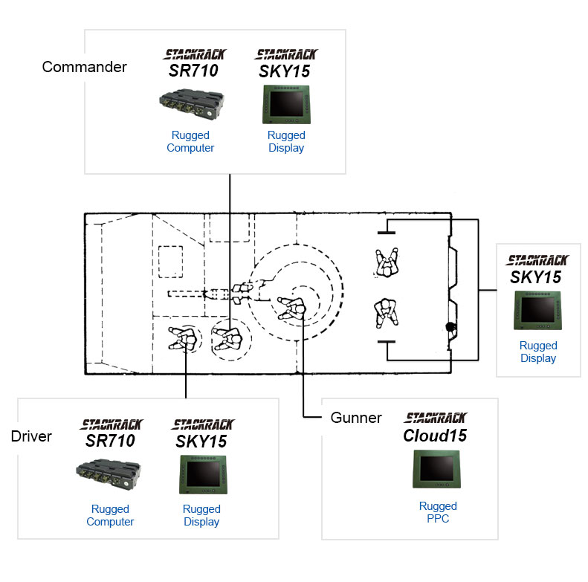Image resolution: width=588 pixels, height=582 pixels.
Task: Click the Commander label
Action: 85,67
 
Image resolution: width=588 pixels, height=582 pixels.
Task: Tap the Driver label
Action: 31,436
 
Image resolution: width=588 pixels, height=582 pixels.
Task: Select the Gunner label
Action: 356,418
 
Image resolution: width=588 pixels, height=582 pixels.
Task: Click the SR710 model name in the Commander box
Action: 193,71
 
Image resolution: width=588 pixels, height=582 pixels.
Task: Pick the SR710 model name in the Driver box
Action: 110,441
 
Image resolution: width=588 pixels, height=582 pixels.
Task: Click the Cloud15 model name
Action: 435,436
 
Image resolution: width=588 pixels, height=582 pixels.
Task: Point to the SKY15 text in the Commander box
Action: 285,71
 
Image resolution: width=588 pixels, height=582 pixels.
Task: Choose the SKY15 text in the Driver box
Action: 201,442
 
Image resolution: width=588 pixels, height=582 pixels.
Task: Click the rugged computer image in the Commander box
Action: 191,103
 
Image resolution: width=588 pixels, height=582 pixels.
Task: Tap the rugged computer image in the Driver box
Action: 108,474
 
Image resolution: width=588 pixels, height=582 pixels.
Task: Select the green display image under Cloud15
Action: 436,469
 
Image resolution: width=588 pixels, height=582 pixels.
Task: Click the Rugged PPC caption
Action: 438,512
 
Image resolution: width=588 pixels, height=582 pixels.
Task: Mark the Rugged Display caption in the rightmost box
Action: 538,352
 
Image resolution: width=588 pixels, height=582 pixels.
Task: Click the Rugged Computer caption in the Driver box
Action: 110,515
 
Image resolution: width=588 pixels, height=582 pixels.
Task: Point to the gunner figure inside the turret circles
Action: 291,308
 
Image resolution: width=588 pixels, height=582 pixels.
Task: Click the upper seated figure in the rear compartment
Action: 387,262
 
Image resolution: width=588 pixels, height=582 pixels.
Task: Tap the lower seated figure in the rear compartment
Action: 387,313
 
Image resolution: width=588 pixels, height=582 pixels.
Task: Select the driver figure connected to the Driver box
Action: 183,338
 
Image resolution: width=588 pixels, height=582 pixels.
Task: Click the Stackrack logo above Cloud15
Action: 436,418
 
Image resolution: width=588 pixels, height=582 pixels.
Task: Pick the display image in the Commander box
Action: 286,105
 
